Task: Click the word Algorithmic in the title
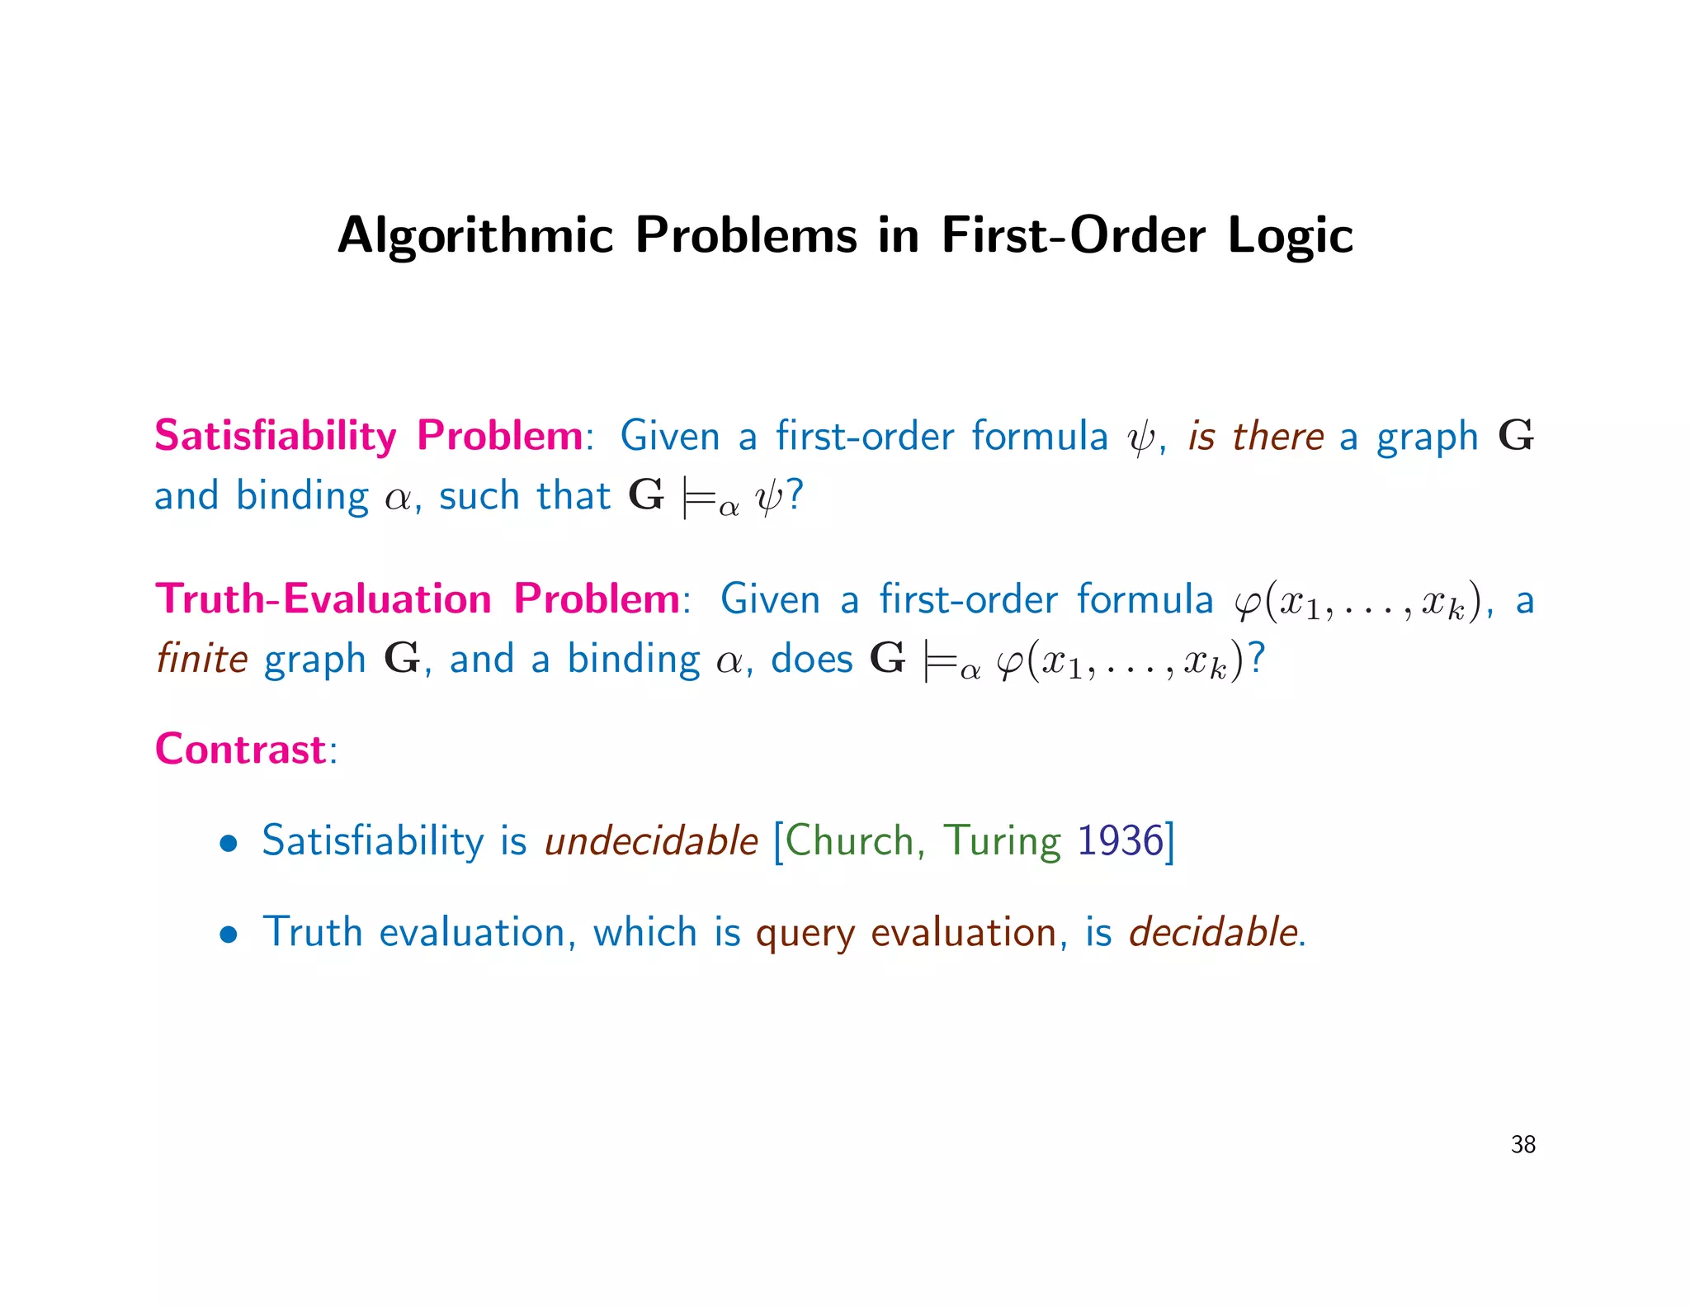[475, 236]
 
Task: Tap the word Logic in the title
[1290, 236]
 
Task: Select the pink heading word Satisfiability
[276, 435]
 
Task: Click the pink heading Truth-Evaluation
[323, 599]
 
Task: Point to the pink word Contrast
[240, 749]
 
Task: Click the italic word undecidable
[651, 841]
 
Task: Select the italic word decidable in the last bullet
[1213, 932]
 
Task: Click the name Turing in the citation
[1001, 841]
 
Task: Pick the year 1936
[1120, 841]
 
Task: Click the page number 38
[1522, 1144]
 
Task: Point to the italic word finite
[202, 659]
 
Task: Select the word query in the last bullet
[805, 934]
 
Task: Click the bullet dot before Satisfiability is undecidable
[229, 844]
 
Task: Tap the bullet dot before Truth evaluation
[229, 935]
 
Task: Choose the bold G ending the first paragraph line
[1516, 435]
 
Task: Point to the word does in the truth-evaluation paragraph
[811, 659]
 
